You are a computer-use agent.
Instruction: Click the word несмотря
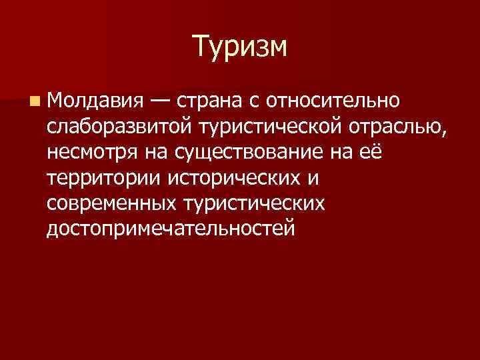pos(93,151)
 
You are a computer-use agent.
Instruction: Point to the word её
pos(372,151)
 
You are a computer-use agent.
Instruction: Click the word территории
pos(105,177)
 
